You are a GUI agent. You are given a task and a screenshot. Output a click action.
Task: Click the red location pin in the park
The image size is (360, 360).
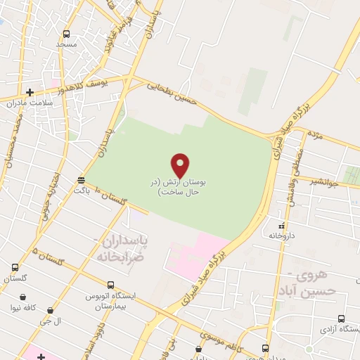click(x=181, y=165)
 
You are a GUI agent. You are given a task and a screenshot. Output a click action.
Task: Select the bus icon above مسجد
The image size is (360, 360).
click(x=67, y=34)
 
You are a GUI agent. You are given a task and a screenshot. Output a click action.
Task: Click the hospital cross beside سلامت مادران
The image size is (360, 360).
click(x=30, y=92)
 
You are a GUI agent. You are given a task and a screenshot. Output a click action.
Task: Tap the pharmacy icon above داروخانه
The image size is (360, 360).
click(x=282, y=226)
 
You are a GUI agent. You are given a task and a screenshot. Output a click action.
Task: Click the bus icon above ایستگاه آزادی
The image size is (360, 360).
click(x=342, y=319)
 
